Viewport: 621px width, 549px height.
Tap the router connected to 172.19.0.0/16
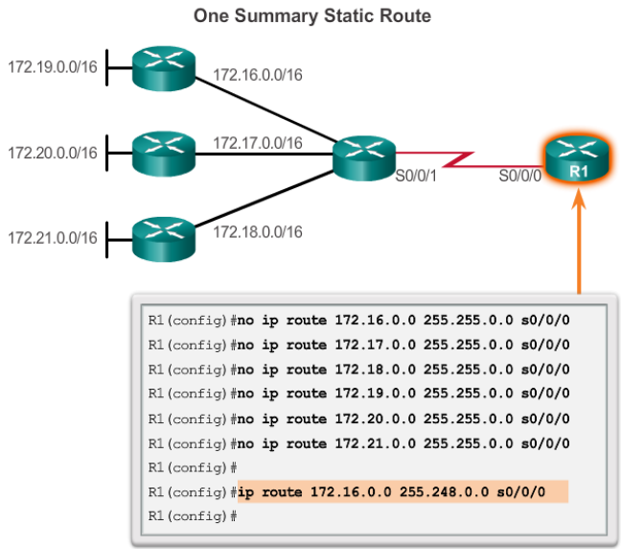164,68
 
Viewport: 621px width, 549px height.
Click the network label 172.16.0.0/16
257,74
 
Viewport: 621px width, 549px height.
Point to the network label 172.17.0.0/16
257,143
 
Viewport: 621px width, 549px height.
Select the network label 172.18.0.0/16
257,232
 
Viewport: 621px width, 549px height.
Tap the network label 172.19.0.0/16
53,68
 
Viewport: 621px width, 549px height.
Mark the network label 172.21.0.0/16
53,237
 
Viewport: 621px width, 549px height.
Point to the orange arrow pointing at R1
579,240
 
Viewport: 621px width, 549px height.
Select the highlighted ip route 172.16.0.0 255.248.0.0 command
402,492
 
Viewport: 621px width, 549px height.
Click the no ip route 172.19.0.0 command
402,393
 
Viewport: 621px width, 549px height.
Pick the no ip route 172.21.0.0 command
402,442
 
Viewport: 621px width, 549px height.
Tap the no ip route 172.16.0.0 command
402,318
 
